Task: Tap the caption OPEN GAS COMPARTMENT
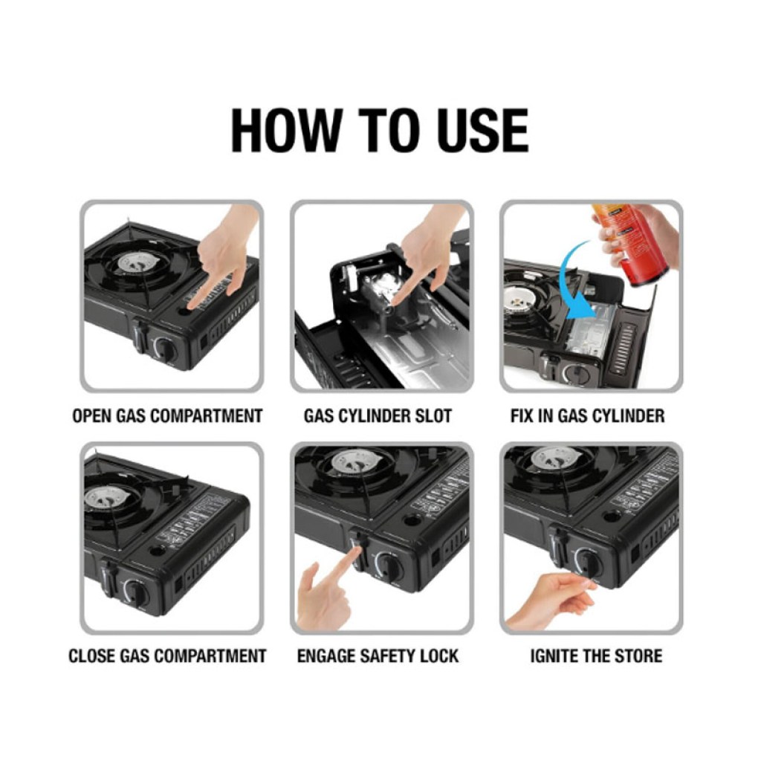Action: click(x=167, y=416)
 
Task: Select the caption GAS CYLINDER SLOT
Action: click(x=378, y=416)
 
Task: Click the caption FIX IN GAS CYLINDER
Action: click(x=587, y=416)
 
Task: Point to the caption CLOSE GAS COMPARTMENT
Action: click(x=167, y=655)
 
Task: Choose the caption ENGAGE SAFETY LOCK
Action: click(x=378, y=655)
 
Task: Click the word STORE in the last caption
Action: click(x=638, y=655)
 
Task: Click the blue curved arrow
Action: click(x=568, y=282)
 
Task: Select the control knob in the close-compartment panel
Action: click(x=136, y=592)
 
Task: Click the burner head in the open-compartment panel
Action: click(x=138, y=262)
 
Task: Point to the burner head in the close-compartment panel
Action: click(x=106, y=497)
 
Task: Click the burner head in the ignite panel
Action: click(x=556, y=458)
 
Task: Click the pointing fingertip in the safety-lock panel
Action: click(x=357, y=551)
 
